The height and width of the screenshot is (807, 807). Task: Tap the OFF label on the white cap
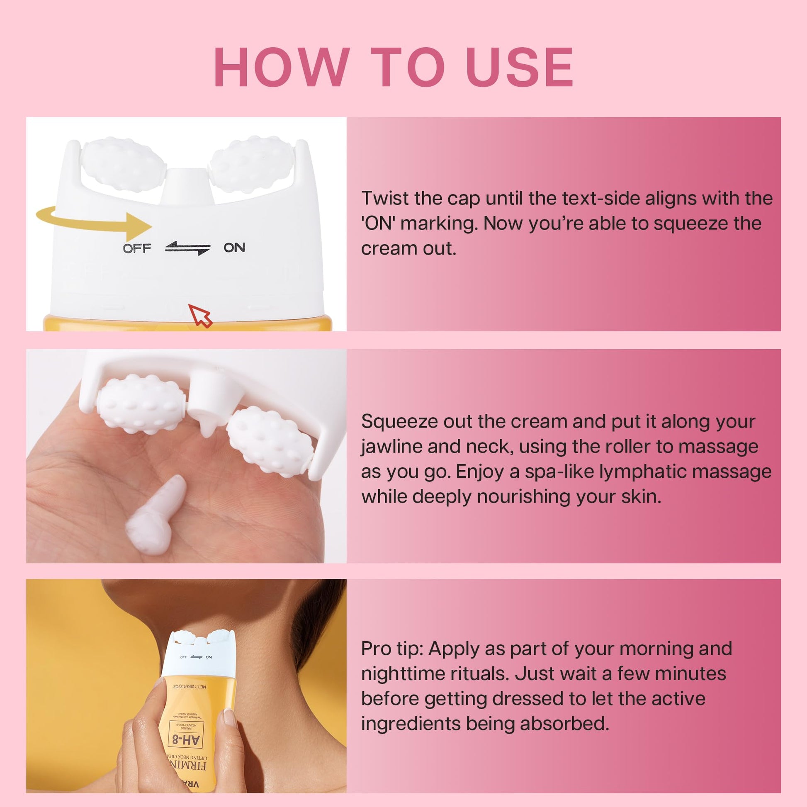[136, 248]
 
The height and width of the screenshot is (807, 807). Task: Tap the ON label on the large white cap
[234, 247]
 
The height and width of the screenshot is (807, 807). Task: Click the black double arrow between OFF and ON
[187, 248]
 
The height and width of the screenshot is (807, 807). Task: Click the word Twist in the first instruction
[384, 198]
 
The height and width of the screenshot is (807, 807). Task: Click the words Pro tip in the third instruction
[392, 649]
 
